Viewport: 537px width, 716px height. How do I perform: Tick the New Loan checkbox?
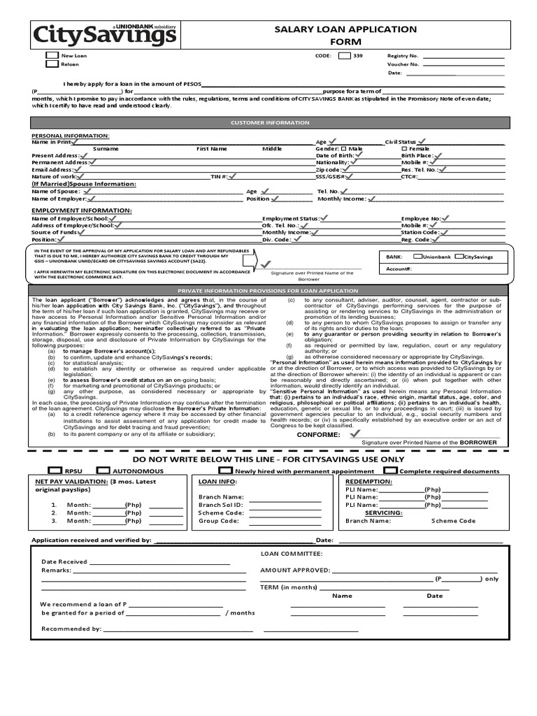pyautogui.click(x=52, y=55)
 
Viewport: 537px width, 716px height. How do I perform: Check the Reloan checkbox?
pyautogui.click(x=52, y=64)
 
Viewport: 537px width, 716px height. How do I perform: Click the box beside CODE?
pyautogui.click(x=344, y=55)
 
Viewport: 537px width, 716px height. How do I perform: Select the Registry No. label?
pyautogui.click(x=403, y=55)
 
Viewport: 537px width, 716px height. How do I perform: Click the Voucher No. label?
pyautogui.click(x=403, y=64)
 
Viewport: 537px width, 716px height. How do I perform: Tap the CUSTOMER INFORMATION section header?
pyautogui.click(x=270, y=122)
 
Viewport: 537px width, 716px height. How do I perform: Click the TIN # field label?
pyautogui.click(x=220, y=177)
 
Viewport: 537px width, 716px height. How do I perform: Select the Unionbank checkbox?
pyautogui.click(x=417, y=257)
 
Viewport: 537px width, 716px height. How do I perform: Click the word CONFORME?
pyautogui.click(x=318, y=434)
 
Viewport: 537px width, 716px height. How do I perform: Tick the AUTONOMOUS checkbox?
pyautogui.click(x=103, y=471)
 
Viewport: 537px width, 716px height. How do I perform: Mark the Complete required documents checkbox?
pyautogui.click(x=393, y=471)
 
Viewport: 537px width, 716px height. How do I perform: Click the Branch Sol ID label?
pyautogui.click(x=220, y=504)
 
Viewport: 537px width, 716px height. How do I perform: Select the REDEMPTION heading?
pyautogui.click(x=369, y=482)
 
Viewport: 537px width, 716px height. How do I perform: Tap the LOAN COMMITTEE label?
pyautogui.click(x=291, y=553)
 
